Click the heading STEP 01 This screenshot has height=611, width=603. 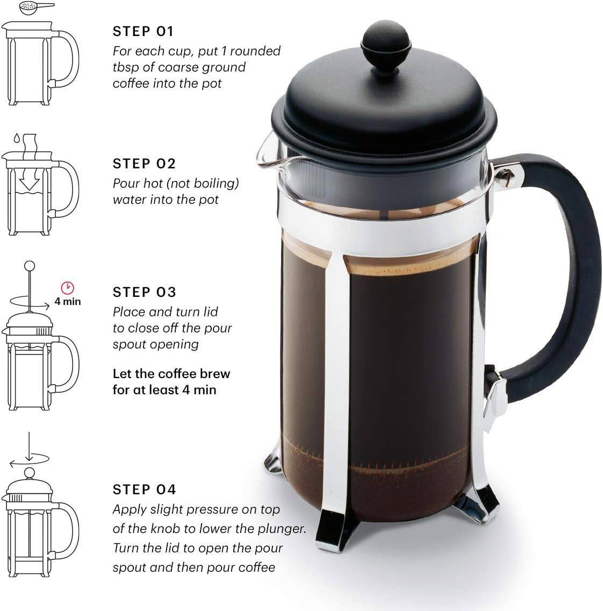tap(143, 32)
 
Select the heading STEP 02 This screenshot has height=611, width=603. tap(144, 164)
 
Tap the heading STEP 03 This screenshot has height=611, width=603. tap(144, 292)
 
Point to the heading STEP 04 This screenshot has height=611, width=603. tap(144, 489)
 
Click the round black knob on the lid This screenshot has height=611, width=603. tap(385, 44)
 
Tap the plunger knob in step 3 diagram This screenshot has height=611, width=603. tap(30, 266)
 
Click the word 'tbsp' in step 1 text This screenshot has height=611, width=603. tap(125, 68)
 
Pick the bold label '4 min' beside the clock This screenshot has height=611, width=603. tap(68, 302)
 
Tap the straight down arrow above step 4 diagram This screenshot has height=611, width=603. tap(30, 442)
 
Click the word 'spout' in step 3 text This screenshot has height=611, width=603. tap(127, 345)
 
